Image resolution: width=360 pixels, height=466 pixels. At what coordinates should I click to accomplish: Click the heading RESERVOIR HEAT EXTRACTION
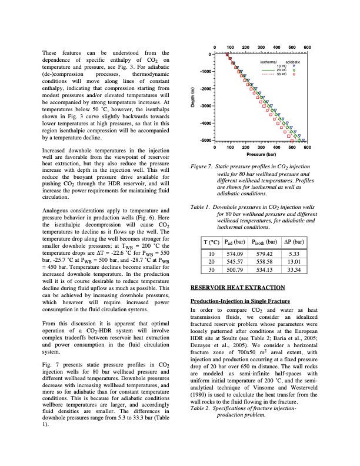[238, 287]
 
